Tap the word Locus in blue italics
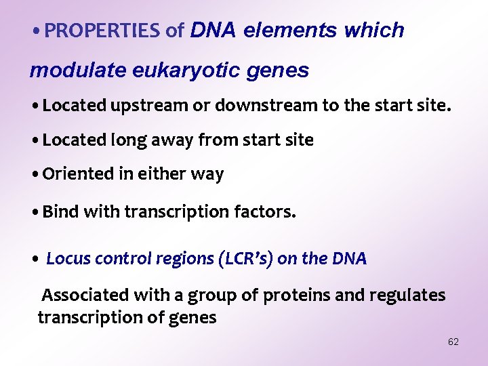point(68,258)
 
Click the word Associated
point(85,295)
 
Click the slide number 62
point(453,342)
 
